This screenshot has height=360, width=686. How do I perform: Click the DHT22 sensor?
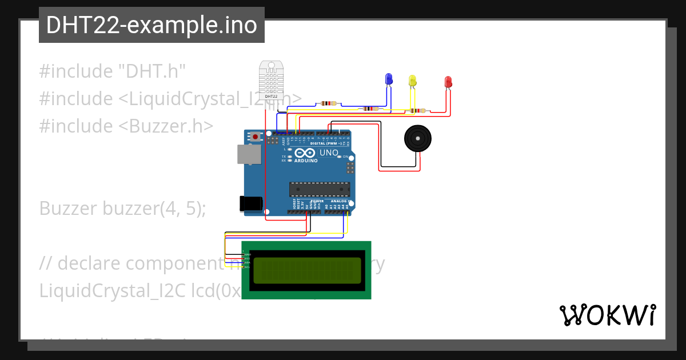(x=271, y=80)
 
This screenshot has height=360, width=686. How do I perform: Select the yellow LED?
(x=413, y=81)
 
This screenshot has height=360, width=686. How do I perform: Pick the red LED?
(x=448, y=82)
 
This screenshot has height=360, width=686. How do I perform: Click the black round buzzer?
(x=418, y=139)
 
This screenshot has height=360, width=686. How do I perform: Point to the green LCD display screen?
(x=307, y=270)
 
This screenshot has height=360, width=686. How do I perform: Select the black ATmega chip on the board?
(x=320, y=189)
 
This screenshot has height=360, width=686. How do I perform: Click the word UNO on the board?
(x=328, y=153)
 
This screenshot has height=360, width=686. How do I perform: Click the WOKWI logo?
(x=607, y=315)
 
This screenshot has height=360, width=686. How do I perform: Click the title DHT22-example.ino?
(x=151, y=25)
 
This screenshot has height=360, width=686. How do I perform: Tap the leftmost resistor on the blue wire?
(x=328, y=103)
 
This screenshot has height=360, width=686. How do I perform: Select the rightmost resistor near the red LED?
(x=418, y=111)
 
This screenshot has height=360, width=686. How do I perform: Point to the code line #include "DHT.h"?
(x=113, y=71)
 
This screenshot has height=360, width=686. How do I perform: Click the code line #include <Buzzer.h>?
(x=126, y=126)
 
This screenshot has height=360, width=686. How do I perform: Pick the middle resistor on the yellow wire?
(x=369, y=109)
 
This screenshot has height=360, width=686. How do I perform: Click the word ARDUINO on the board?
(x=307, y=161)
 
